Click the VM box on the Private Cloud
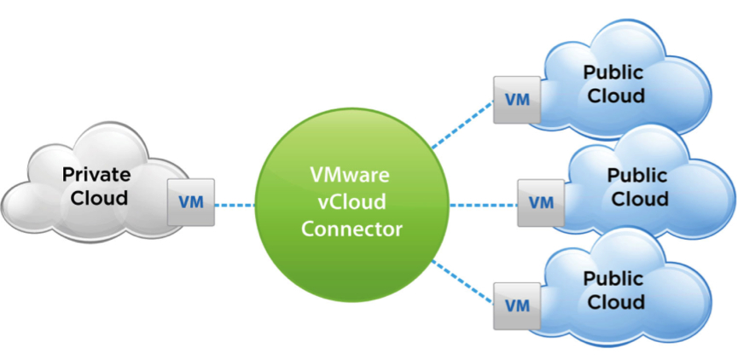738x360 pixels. [x=191, y=202]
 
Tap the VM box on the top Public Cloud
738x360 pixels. [x=517, y=99]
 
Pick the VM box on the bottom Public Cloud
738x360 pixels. [x=517, y=305]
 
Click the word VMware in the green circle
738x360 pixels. [x=351, y=176]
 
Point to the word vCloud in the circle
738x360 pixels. [x=351, y=203]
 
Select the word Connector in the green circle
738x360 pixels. [x=351, y=230]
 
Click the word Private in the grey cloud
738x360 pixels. [x=96, y=176]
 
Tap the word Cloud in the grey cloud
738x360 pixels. [x=96, y=199]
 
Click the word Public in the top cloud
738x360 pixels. [x=613, y=73]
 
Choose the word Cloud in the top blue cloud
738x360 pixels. [x=613, y=96]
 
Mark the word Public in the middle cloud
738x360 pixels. [x=637, y=176]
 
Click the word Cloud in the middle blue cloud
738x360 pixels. [x=637, y=199]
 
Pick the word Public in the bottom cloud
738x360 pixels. [x=613, y=279]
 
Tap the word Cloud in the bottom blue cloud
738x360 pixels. [x=613, y=302]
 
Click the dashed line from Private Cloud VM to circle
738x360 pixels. [x=235, y=205]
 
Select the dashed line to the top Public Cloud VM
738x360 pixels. [x=462, y=125]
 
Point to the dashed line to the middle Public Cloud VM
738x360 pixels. [x=482, y=205]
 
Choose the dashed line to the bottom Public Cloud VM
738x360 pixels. [x=462, y=281]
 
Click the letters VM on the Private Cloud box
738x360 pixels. [x=191, y=203]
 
